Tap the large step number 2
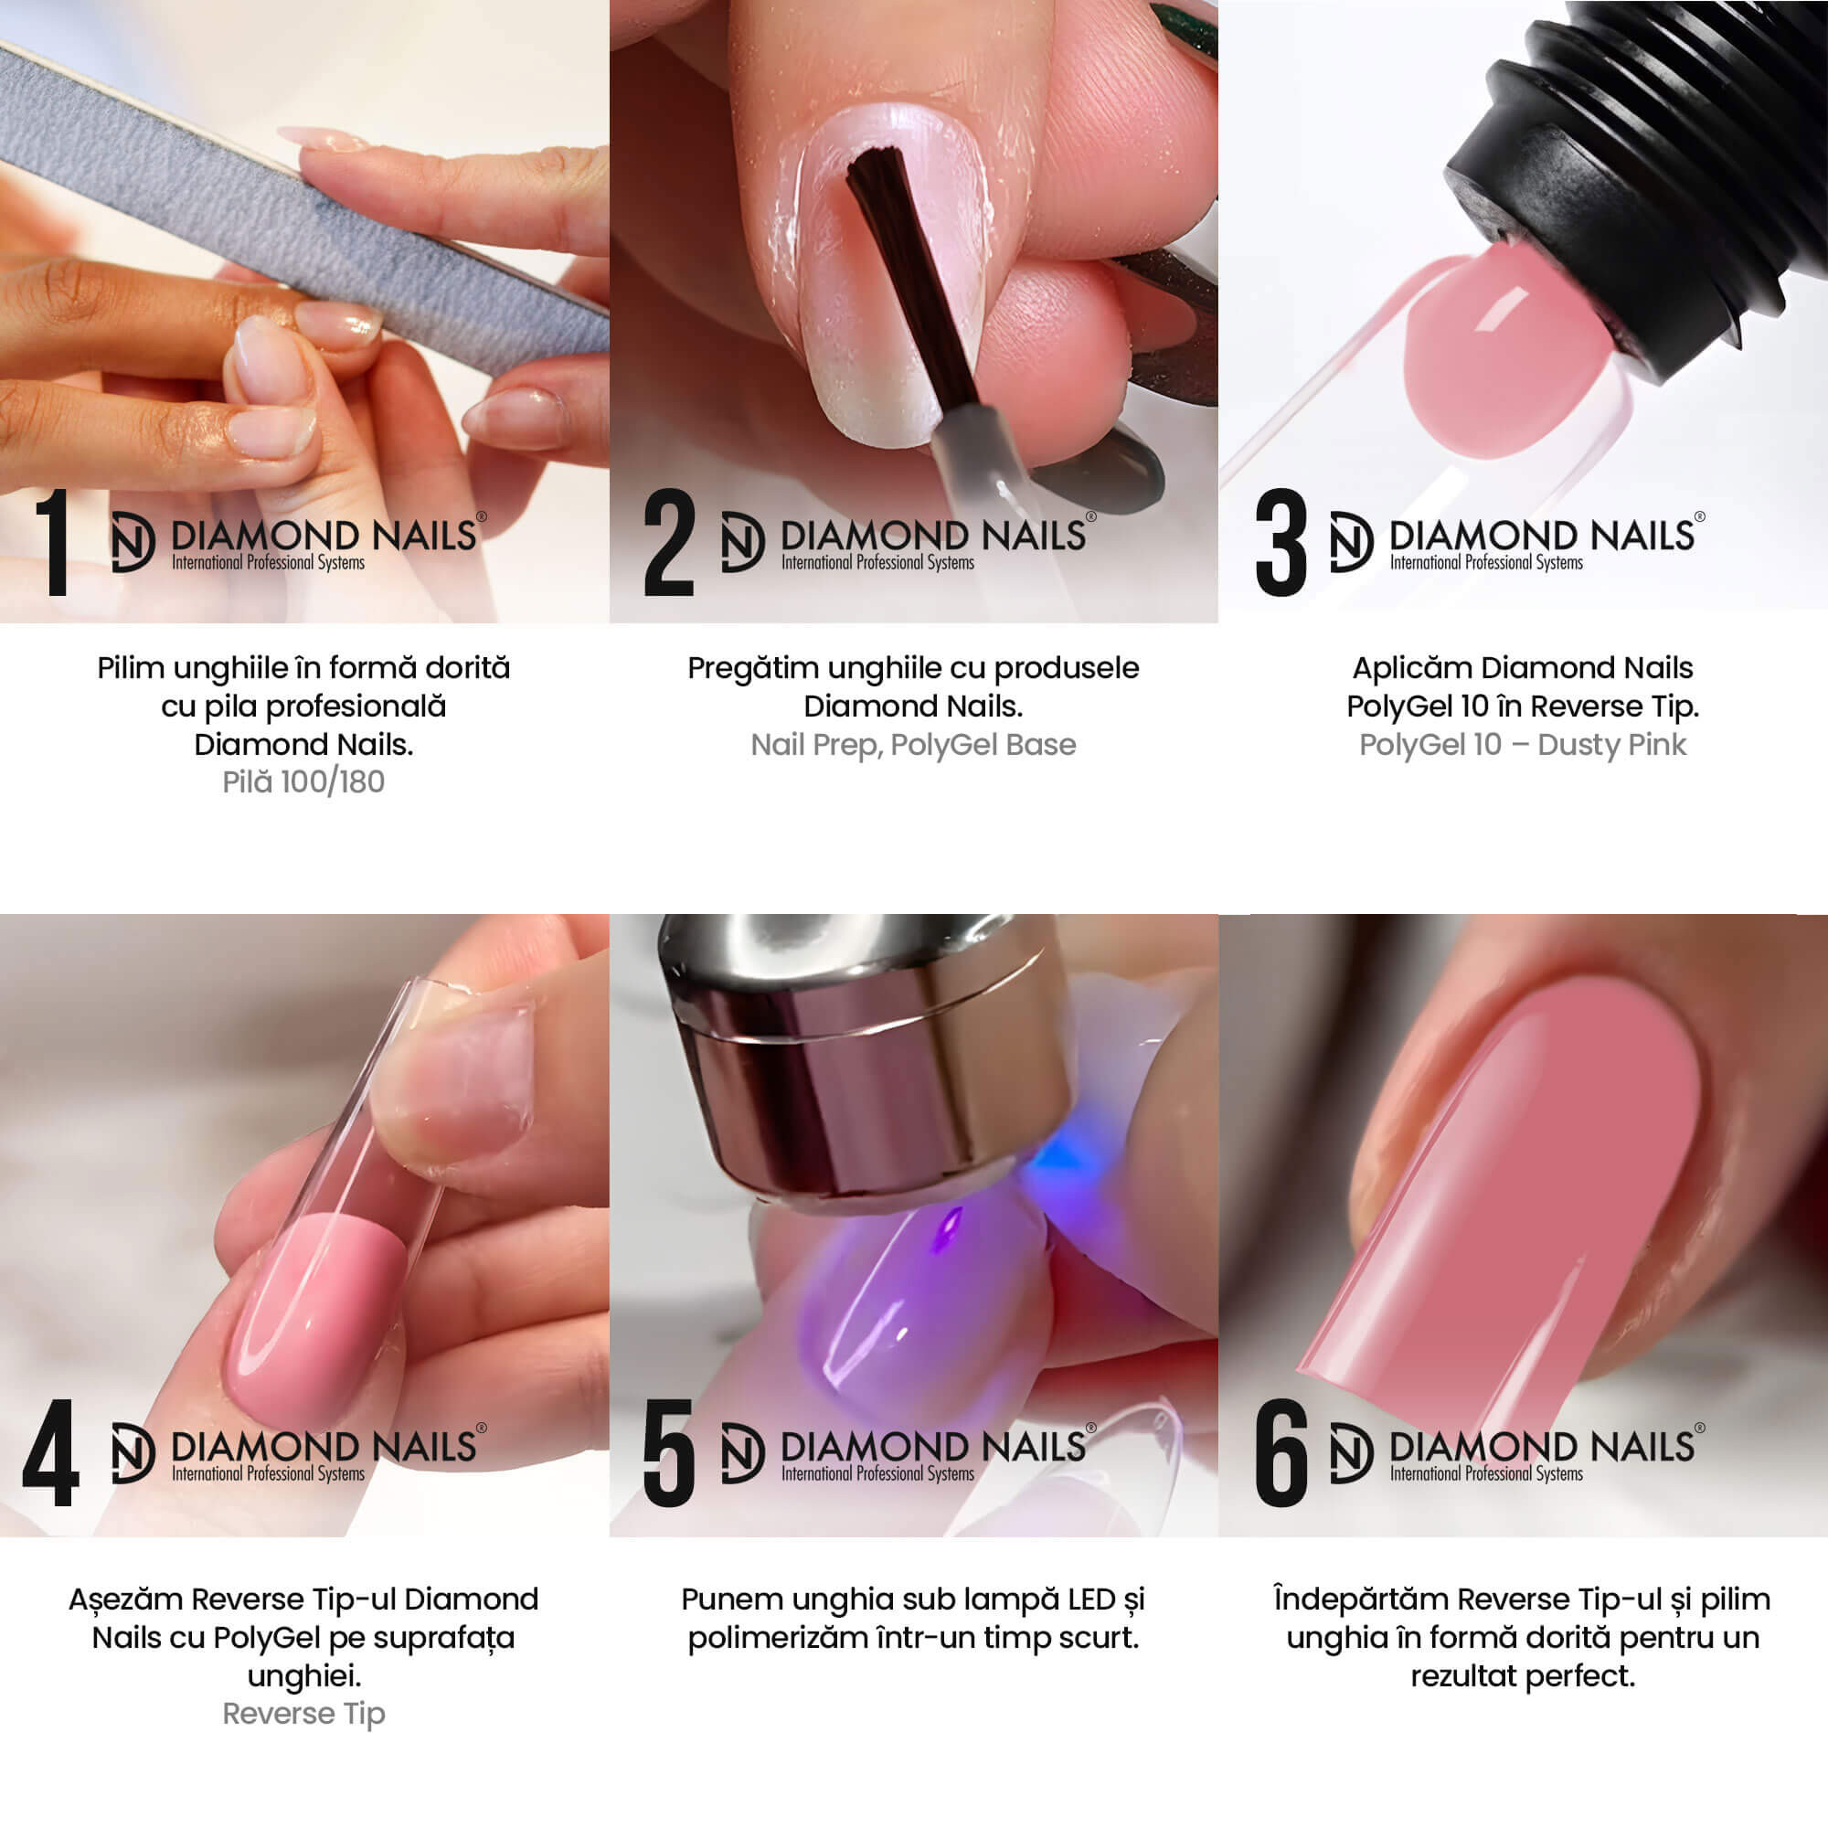[x=668, y=543]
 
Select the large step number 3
[x=1281, y=543]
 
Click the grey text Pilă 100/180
[x=303, y=782]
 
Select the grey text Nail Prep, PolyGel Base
[x=913, y=745]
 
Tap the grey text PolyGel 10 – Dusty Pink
[x=1523, y=745]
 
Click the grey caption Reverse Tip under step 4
[x=303, y=1714]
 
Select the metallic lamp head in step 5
[x=866, y=1059]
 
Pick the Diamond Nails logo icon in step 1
[x=133, y=542]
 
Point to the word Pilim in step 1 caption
[x=132, y=668]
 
